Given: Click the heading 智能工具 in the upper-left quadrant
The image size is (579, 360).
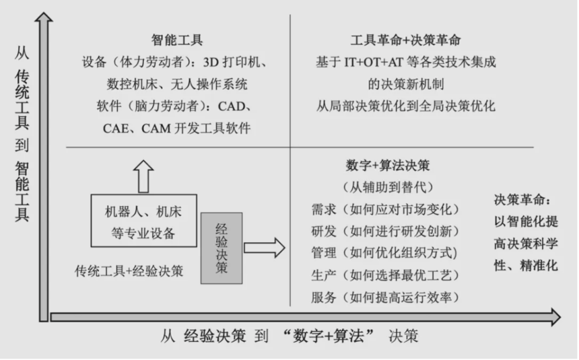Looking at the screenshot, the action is click(177, 40).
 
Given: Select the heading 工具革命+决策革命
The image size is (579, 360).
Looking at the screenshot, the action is click(405, 40).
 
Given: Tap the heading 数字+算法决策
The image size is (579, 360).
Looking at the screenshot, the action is click(388, 166).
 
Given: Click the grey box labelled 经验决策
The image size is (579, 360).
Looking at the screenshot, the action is click(222, 248).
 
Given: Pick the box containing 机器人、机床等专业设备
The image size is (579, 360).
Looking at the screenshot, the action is click(144, 221).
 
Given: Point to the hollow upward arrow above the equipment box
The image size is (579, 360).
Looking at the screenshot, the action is click(143, 176).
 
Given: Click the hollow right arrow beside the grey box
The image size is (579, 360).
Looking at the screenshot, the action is click(265, 248).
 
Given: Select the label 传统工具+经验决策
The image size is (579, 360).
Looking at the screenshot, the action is click(129, 271).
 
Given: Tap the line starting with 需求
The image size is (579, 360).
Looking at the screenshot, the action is click(385, 209).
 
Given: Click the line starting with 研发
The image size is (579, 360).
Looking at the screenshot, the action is click(385, 231).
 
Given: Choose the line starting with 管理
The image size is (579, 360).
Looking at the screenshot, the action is click(384, 253).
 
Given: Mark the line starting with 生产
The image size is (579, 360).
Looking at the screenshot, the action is click(385, 275).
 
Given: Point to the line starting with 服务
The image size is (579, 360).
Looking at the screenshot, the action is click(385, 297).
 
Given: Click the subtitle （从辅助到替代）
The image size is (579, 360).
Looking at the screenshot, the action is click(388, 187).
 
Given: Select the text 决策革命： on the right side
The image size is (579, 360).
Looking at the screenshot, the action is click(522, 200).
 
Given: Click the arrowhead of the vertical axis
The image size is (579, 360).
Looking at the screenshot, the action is click(44, 17).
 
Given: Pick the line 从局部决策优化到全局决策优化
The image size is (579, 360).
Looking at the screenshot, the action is click(405, 106).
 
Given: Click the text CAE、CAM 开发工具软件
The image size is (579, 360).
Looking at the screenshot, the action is click(177, 129).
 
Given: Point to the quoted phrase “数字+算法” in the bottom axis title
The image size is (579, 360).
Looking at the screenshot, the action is click(329, 336).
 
